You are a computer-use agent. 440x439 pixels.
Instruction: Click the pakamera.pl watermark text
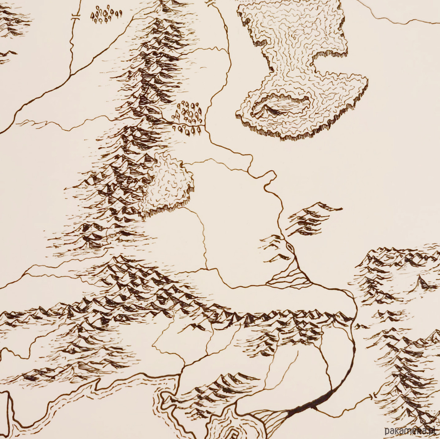[410, 431]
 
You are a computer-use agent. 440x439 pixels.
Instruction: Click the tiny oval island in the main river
[290, 248]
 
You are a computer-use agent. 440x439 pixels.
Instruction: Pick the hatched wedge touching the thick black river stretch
[271, 421]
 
